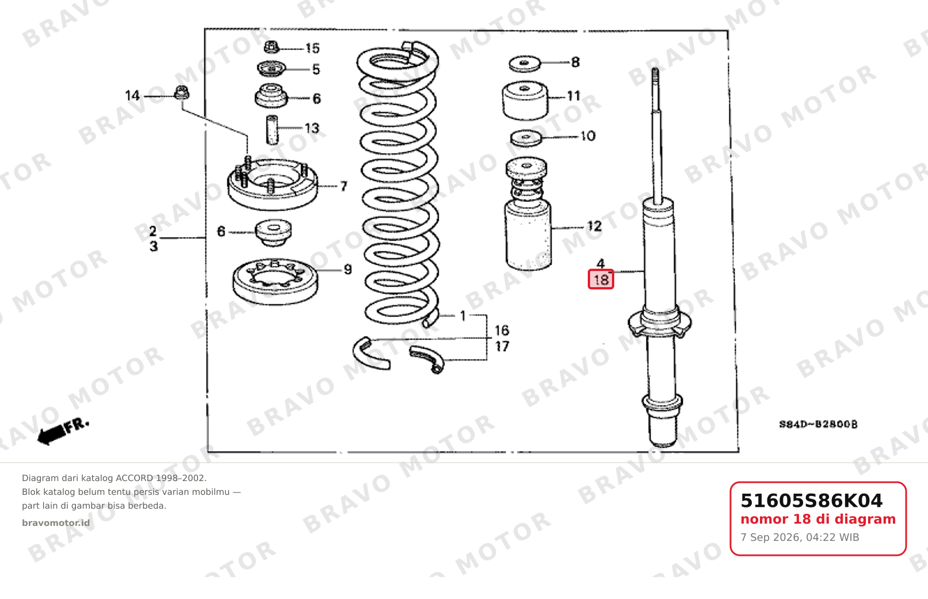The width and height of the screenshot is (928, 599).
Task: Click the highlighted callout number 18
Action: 600,280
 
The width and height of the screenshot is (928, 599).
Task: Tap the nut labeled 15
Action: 271,47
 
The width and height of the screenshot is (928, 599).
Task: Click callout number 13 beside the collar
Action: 312,128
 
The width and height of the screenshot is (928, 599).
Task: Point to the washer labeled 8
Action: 524,64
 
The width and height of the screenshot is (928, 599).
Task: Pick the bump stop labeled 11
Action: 525,101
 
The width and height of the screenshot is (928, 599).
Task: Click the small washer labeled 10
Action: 526,138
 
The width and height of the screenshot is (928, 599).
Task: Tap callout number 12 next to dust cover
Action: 595,226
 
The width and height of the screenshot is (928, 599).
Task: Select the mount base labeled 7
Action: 273,185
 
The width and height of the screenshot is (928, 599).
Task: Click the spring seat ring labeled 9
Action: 275,282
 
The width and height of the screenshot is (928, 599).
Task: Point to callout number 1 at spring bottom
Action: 463,316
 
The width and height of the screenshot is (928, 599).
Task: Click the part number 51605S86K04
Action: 811,501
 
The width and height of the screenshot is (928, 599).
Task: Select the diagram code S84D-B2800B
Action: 818,424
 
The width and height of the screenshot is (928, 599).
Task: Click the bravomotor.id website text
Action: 56,523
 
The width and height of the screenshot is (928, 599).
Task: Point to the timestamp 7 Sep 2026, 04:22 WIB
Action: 800,537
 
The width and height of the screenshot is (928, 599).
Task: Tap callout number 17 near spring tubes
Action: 502,346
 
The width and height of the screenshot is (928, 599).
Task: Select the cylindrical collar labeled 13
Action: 272,130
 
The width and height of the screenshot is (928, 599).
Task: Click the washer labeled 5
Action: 271,68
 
